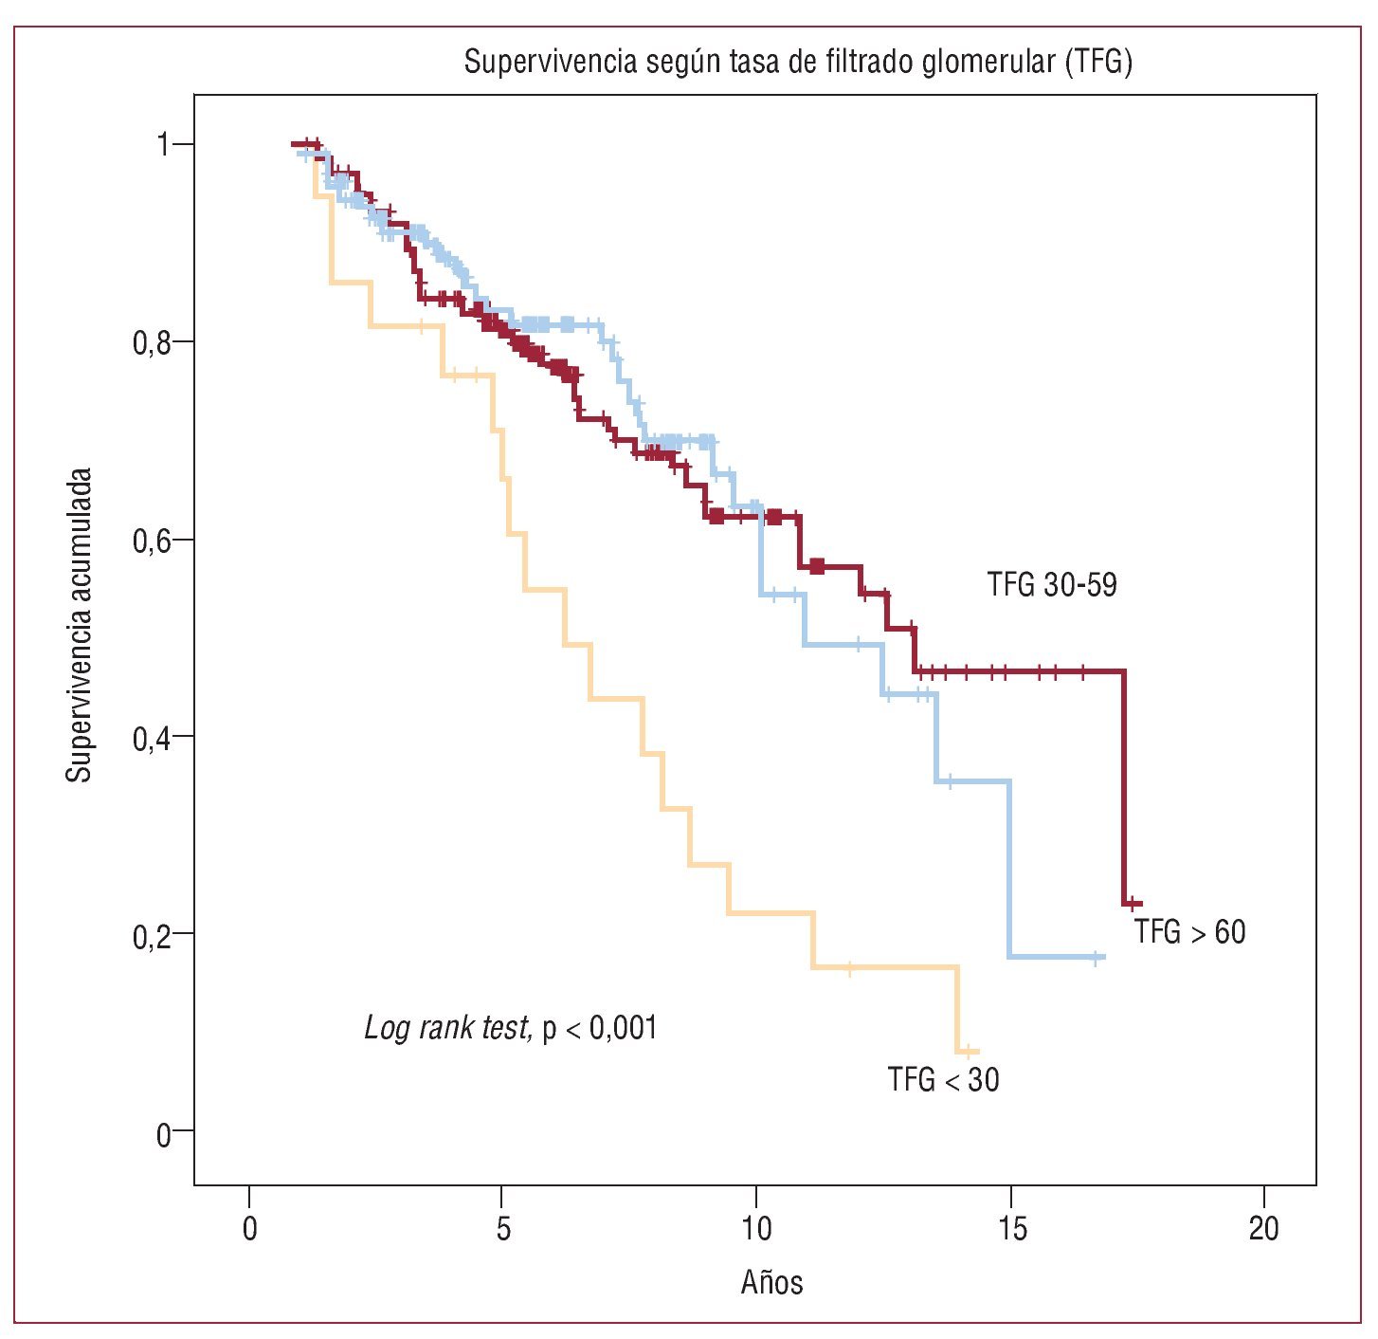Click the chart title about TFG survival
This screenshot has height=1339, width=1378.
[x=798, y=63]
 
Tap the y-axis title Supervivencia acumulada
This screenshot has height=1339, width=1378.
[x=80, y=625]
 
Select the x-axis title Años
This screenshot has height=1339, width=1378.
[x=771, y=1282]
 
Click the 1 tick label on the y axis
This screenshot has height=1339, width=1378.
[x=162, y=145]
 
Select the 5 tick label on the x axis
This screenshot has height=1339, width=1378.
[x=502, y=1229]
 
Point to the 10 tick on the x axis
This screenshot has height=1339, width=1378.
[x=755, y=1229]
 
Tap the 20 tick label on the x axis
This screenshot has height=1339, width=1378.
[x=1263, y=1229]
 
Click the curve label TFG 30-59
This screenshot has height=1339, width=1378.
[x=1052, y=584]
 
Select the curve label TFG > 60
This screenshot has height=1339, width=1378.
[x=1189, y=932]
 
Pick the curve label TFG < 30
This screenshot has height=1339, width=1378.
[x=943, y=1079]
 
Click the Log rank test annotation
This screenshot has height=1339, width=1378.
[x=447, y=1028]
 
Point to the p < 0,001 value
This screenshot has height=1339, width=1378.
[x=599, y=1028]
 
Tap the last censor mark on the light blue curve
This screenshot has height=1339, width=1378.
[x=1096, y=958]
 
